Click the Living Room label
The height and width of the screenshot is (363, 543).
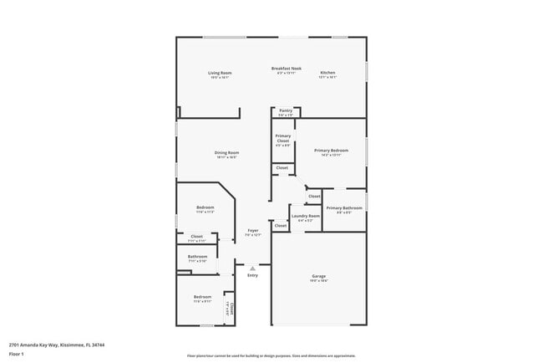pyautogui.click(x=220, y=73)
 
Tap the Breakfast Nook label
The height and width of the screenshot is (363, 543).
pyautogui.click(x=286, y=68)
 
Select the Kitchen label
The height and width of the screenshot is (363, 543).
pyautogui.click(x=327, y=73)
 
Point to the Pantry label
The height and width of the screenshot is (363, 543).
pyautogui.click(x=286, y=110)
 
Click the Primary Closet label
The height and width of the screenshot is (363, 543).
pyautogui.click(x=283, y=138)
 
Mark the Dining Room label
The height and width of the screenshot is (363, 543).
pyautogui.click(x=226, y=152)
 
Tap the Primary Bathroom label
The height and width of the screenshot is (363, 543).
pyautogui.click(x=343, y=207)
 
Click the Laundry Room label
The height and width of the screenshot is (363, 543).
pyautogui.click(x=308, y=216)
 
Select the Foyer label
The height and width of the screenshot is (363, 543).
pyautogui.click(x=252, y=230)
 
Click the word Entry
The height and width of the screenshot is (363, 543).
pyautogui.click(x=252, y=275)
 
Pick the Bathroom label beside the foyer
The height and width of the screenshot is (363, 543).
pyautogui.click(x=197, y=256)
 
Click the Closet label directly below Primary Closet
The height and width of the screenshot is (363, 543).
pyautogui.click(x=282, y=167)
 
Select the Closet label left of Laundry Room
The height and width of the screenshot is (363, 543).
pyautogui.click(x=281, y=225)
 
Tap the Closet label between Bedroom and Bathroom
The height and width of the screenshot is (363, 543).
pyautogui.click(x=197, y=237)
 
